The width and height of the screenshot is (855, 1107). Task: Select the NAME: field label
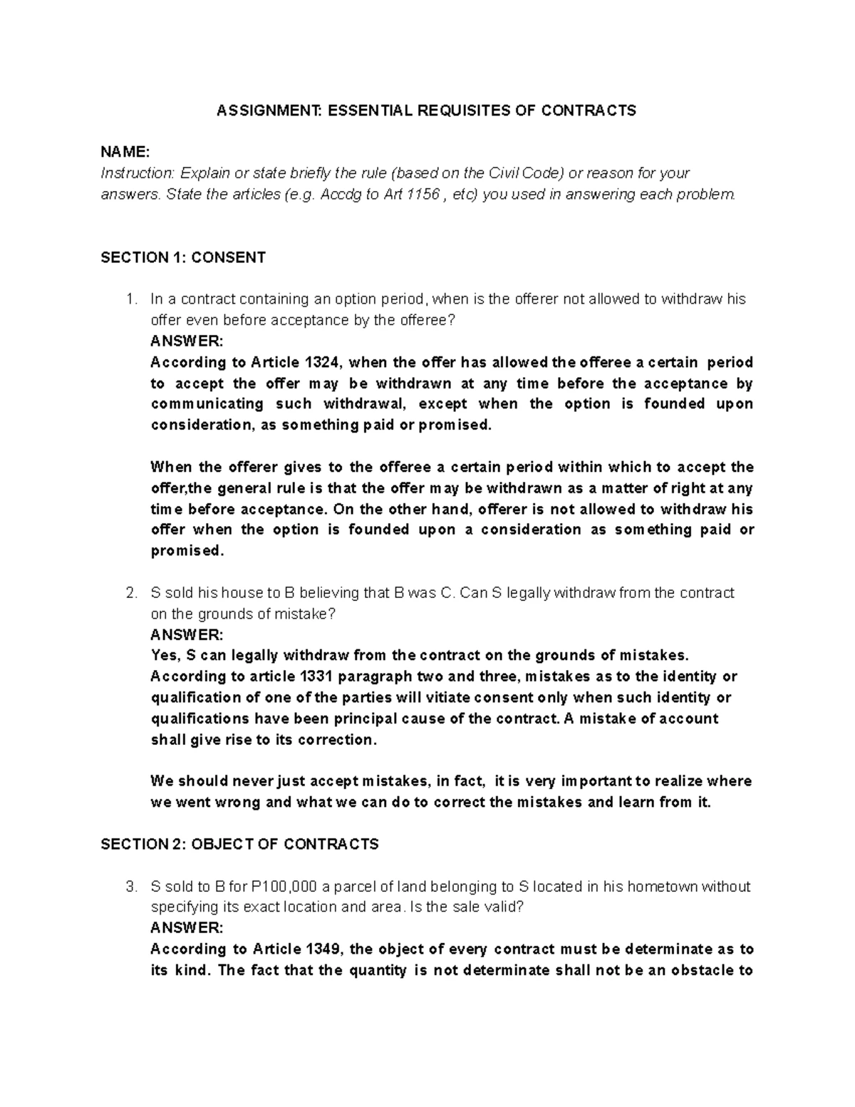[x=125, y=153]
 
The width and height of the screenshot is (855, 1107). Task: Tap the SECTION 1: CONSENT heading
[x=183, y=257]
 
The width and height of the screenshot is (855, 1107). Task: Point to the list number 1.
[x=130, y=299]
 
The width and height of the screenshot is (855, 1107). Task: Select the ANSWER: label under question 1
[x=187, y=341]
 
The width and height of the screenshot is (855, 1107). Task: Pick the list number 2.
[x=130, y=593]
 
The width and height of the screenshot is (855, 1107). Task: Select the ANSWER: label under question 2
[x=187, y=634]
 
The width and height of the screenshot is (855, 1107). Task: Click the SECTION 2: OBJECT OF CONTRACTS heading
[x=239, y=845]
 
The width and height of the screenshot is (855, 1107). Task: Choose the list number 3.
[x=130, y=887]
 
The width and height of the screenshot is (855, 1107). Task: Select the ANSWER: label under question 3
[x=187, y=928]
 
